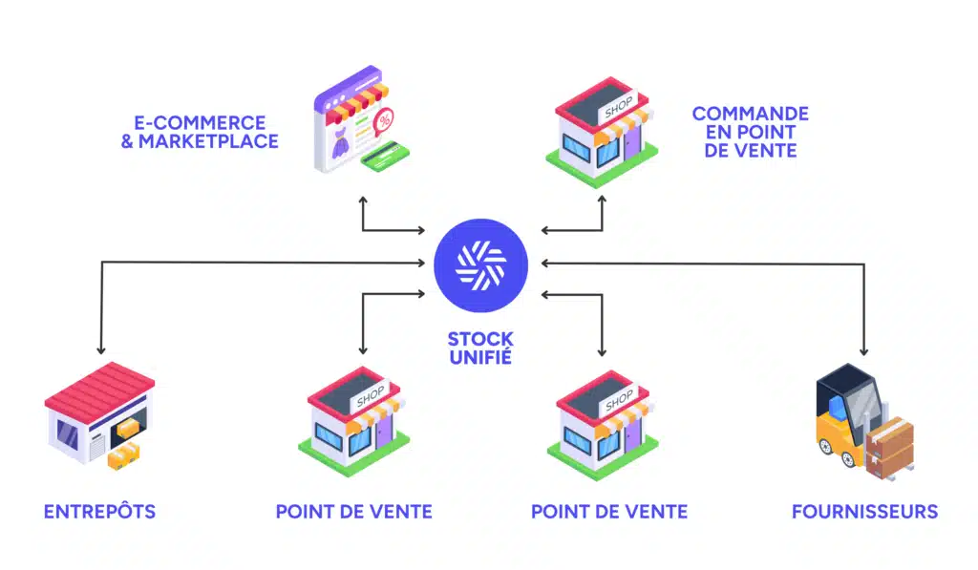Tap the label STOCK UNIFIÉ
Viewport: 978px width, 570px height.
480,348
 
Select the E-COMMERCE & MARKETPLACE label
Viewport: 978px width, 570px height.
208,132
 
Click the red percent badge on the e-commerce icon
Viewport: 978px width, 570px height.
384,120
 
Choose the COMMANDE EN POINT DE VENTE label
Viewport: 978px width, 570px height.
750,132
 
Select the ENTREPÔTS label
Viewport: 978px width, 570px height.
99,512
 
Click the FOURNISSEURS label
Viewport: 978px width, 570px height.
864,512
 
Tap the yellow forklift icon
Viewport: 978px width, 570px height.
846,420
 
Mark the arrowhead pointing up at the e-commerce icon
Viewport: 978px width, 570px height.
363,201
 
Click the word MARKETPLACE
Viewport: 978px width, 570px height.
208,141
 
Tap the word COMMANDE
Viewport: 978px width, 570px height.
751,114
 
